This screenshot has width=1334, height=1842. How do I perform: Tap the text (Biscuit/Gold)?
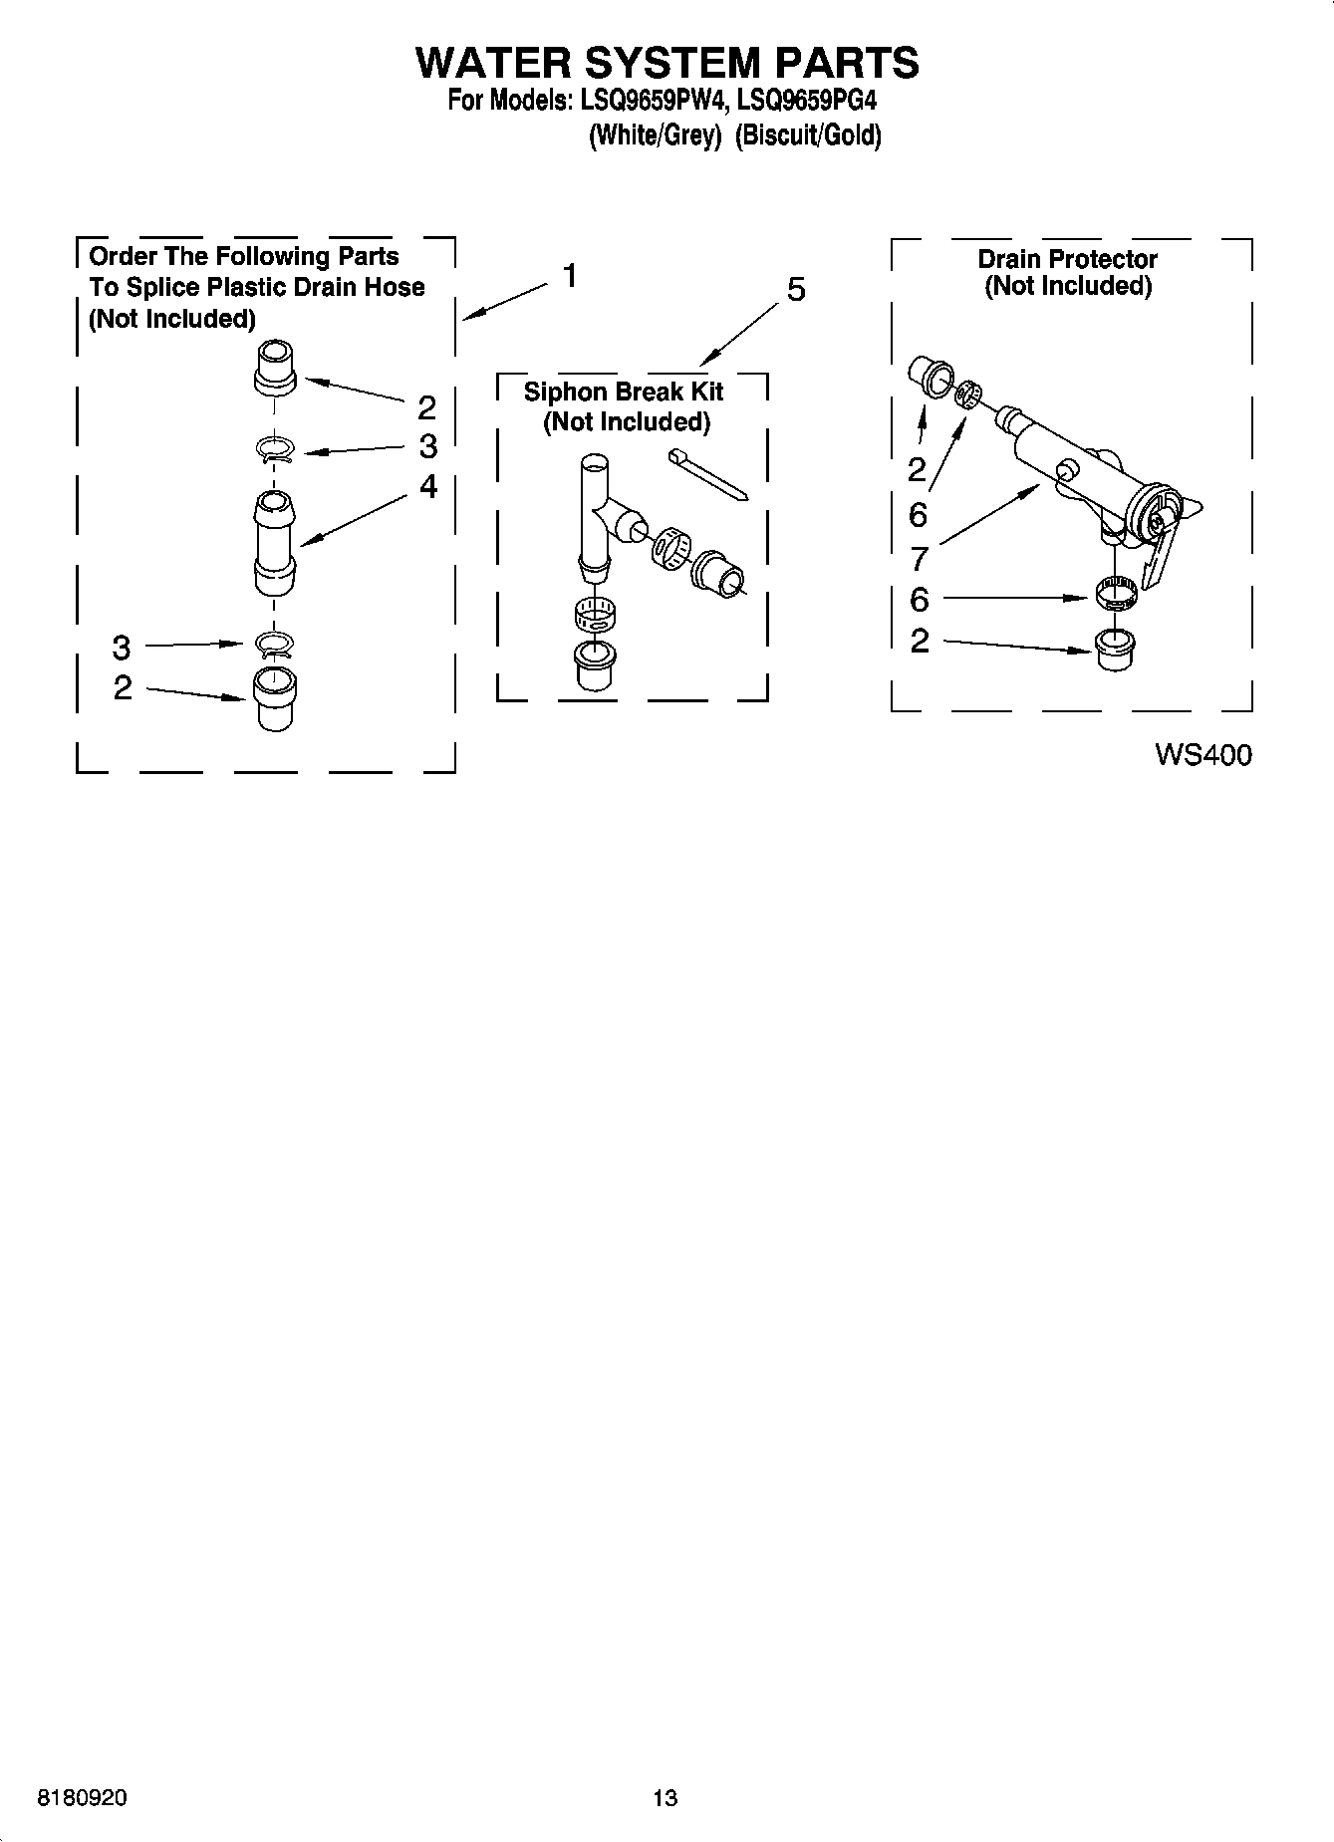[x=808, y=135]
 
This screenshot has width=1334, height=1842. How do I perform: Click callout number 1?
[x=570, y=275]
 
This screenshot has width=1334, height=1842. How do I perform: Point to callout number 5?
[x=796, y=290]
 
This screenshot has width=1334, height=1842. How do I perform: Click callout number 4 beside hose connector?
[x=427, y=486]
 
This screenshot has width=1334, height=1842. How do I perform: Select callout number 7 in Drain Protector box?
[x=918, y=559]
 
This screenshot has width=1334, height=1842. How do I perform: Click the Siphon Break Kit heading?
[x=625, y=392]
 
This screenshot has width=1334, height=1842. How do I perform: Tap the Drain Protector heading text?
[x=1067, y=259]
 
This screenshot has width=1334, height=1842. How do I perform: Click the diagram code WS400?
[x=1202, y=755]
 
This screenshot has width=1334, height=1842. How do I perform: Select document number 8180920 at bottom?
[x=82, y=1798]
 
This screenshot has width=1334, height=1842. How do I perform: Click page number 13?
[x=666, y=1798]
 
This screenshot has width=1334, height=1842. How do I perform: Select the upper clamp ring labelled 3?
[x=275, y=450]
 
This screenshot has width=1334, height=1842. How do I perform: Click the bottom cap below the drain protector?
[x=1114, y=651]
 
